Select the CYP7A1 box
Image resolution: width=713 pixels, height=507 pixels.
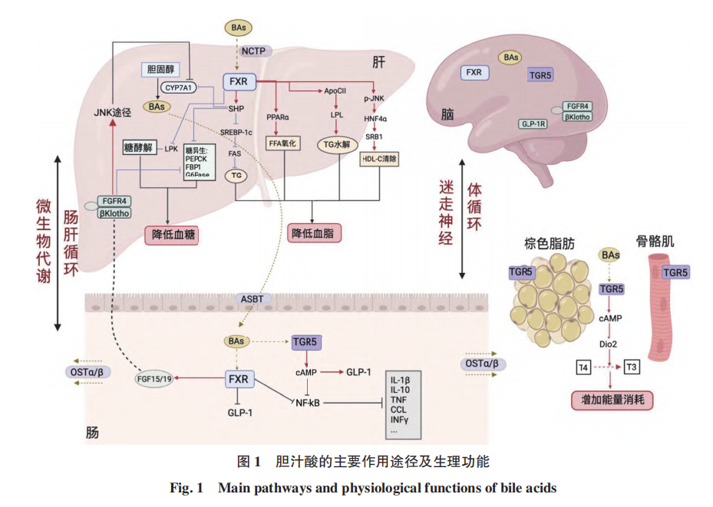point(179,87)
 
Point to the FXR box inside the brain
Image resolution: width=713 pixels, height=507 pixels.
point(474,73)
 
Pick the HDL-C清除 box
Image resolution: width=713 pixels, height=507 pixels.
point(379,160)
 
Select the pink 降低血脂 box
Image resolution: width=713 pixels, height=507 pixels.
point(315,233)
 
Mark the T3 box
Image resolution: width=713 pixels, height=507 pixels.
point(633,369)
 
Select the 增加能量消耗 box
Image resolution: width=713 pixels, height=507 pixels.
point(612,399)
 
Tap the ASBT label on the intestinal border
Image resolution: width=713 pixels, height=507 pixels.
point(253,298)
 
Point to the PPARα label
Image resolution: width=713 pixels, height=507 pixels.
point(277,117)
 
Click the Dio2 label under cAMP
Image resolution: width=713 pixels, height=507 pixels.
point(609,344)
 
